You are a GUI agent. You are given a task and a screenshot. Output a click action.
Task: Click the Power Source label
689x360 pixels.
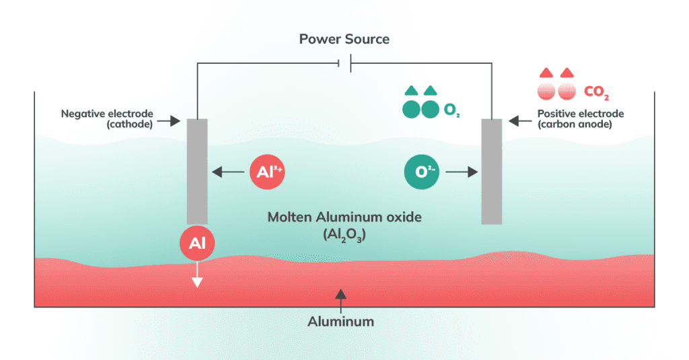click(x=344, y=39)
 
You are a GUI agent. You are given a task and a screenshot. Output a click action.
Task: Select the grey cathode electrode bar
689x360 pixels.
click(x=197, y=171)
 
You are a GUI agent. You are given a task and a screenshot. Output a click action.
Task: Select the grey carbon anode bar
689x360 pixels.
click(x=492, y=171)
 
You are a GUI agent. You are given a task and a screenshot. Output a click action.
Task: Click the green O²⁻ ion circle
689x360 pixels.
click(x=421, y=172)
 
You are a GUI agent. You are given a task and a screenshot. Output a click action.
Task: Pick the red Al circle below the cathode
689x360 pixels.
click(x=197, y=243)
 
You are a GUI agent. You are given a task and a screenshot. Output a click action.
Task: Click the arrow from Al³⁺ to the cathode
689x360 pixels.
click(x=228, y=172)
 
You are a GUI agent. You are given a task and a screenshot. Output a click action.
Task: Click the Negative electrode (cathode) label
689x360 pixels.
click(x=108, y=119)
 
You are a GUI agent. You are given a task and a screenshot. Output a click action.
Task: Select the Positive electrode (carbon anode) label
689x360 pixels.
click(x=580, y=119)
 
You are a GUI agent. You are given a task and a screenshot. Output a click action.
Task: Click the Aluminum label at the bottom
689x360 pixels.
click(x=340, y=322)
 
